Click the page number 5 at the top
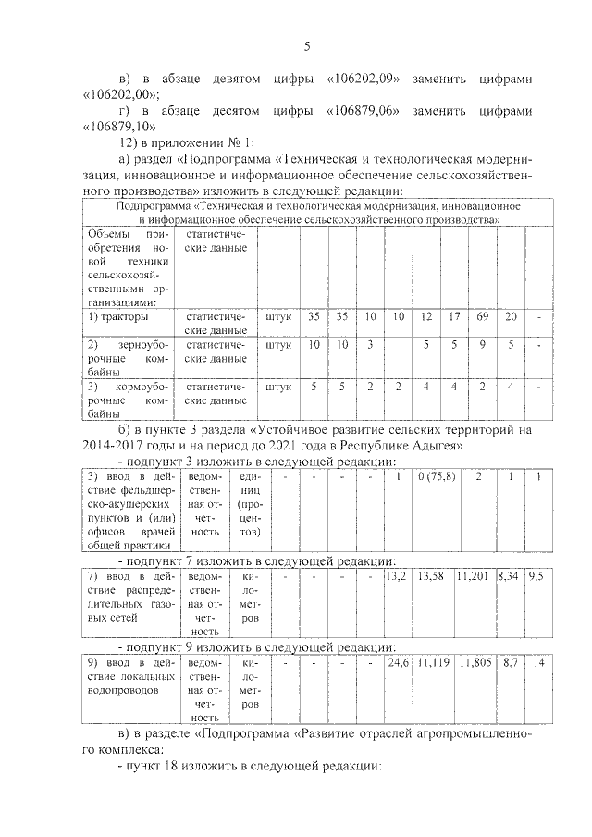point(306,47)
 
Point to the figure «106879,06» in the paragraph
point(363,110)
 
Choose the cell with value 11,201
point(475,574)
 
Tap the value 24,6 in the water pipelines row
point(398,663)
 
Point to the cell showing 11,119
point(433,663)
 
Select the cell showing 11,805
point(475,663)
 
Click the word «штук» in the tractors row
point(277,316)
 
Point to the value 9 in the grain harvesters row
point(482,344)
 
